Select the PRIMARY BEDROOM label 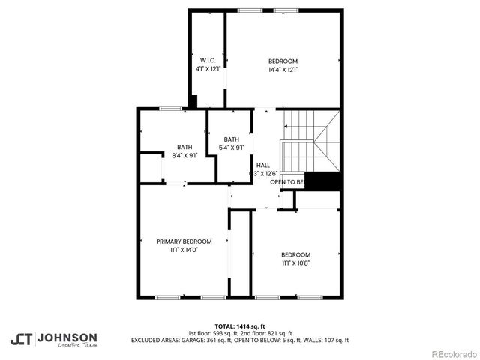[184, 241]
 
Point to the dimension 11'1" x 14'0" [184, 250]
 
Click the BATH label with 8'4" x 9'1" [184, 147]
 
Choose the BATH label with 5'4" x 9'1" [231, 139]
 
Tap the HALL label [262, 166]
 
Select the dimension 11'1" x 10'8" [295, 263]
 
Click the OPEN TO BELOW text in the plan [287, 182]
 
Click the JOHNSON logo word [67, 337]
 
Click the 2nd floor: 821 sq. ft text [268, 333]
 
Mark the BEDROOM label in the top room [283, 61]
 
